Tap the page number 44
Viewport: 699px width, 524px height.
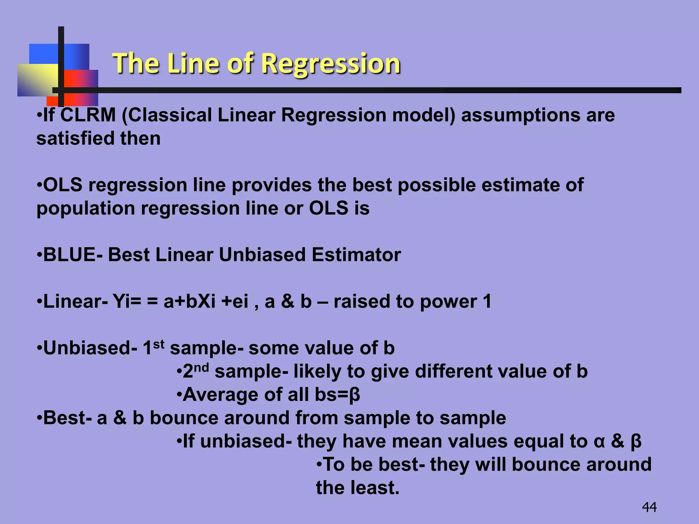tap(649, 507)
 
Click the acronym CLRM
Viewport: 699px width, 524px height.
tap(88, 115)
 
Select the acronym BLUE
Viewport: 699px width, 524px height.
tap(70, 255)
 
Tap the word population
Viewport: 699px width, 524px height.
tap(86, 208)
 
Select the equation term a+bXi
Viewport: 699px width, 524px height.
tap(189, 302)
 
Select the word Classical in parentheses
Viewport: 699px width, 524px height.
tap(169, 115)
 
